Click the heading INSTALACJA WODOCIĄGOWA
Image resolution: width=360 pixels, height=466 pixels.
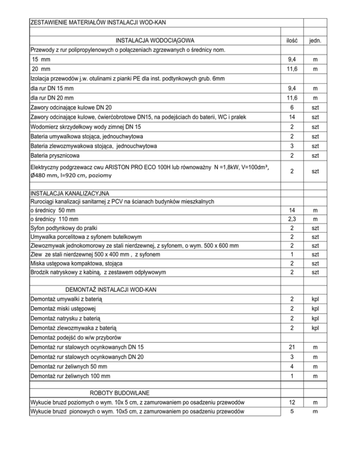point(155,40)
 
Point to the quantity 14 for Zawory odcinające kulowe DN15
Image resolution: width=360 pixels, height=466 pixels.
point(292,116)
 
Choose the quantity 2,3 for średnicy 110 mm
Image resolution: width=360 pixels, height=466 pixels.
point(292,219)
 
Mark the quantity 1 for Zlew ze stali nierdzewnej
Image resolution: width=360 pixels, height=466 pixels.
point(292,254)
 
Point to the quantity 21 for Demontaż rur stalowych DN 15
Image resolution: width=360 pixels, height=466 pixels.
point(292,347)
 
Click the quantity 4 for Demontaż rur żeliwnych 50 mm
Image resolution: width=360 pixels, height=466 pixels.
point(292,366)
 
